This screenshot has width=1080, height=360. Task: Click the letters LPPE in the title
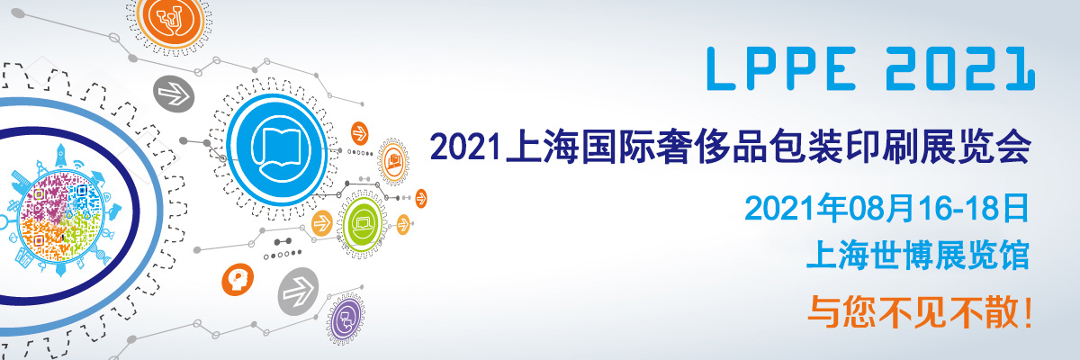tap(781, 68)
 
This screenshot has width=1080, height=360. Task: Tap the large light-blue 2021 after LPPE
tap(960, 68)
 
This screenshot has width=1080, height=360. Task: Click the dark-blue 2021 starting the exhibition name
tap(465, 147)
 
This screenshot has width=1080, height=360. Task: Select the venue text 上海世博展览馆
tap(919, 255)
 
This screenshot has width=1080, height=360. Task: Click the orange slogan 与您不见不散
tap(913, 312)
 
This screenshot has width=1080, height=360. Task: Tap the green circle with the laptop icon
tap(363, 223)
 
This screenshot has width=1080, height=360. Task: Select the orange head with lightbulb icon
tap(238, 280)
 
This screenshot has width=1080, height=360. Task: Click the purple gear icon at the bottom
tap(346, 318)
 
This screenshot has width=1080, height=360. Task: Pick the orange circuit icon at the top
tap(171, 20)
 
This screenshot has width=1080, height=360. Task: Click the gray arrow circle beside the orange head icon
tap(299, 291)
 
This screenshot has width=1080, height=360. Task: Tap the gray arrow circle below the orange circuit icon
tap(174, 94)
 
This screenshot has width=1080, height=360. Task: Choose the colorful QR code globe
tap(61, 216)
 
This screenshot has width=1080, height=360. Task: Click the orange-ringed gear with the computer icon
tap(393, 161)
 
